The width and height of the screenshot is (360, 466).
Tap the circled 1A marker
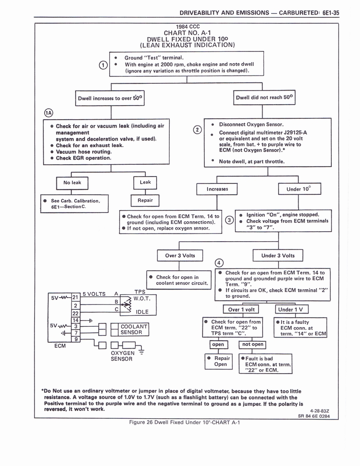48,113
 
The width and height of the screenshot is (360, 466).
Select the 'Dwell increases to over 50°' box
111,98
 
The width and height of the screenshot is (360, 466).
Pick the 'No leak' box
72,182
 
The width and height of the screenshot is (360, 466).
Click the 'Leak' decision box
145,182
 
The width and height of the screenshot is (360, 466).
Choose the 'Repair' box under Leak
145,200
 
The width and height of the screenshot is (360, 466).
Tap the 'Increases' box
217,189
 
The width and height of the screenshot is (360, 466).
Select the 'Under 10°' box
299,189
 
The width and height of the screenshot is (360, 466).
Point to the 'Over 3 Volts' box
180,256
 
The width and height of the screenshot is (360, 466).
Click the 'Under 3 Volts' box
278,256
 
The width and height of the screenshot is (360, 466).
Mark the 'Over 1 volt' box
243,309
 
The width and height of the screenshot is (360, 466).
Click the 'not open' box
253,344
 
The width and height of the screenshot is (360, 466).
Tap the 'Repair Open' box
220,361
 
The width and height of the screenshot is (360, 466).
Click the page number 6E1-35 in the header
330,13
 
